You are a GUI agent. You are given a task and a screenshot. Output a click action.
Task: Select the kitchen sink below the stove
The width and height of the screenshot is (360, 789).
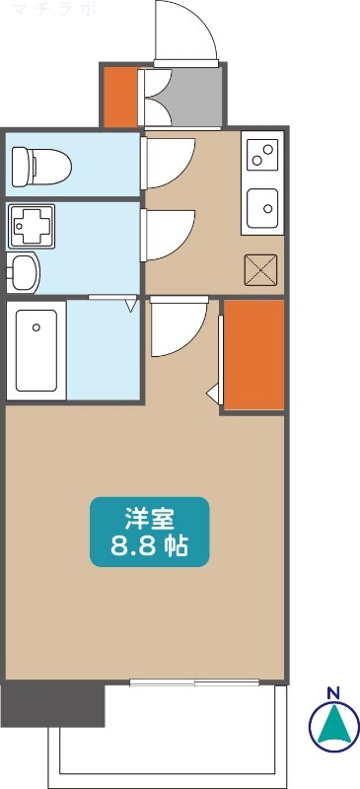pos(262,206)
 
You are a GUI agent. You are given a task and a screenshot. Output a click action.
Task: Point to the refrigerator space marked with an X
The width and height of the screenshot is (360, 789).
pos(261,269)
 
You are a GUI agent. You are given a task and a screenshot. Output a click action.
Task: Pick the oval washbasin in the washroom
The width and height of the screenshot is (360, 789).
pos(25,270)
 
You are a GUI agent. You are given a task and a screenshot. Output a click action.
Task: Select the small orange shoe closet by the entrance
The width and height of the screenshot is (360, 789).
pos(120,96)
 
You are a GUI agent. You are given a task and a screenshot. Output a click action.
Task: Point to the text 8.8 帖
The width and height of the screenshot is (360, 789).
pos(150,543)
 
